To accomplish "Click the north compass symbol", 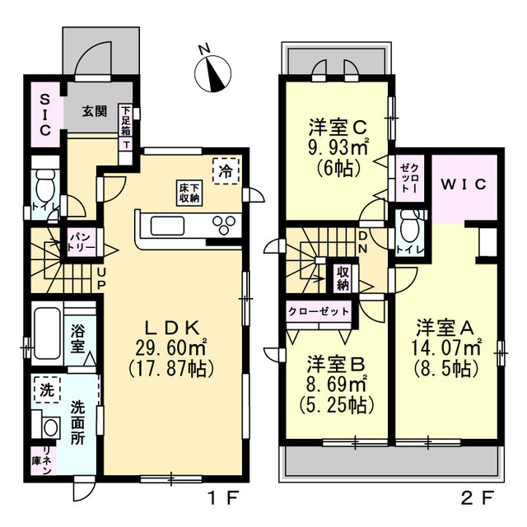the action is point(212,73).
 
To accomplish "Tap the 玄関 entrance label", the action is point(95,111).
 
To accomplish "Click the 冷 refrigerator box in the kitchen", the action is point(226,171).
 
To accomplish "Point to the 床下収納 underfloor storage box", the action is point(189,193).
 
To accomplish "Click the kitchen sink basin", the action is point(167,226).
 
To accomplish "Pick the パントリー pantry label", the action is point(82,242).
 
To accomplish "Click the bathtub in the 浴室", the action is point(48,333).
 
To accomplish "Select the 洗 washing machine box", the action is point(47,389).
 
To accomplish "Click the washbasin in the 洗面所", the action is point(51,427).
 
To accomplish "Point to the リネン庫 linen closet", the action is point(43,460).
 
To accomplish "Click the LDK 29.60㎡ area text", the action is point(171,347).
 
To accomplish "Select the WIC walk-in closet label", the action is point(464,184).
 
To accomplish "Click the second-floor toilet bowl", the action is point(409,226).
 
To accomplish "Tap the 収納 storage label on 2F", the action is point(343,278).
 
